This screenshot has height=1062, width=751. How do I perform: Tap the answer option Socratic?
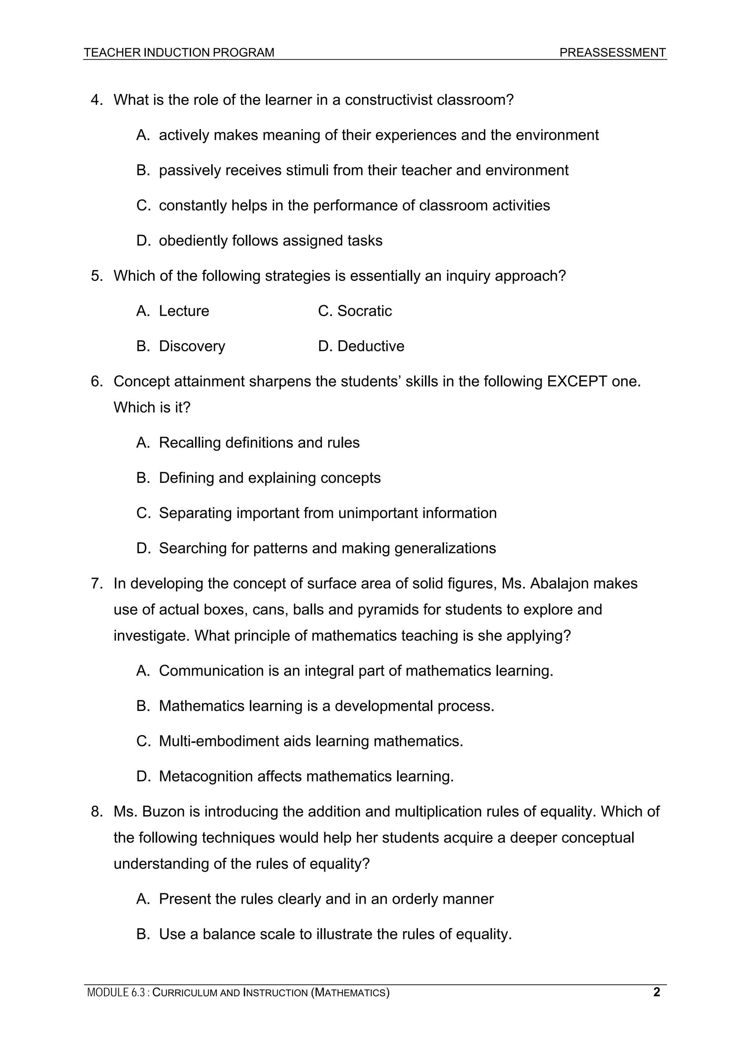(364, 311)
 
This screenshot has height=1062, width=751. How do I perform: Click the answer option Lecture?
(184, 311)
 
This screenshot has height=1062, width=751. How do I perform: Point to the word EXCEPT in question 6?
(576, 382)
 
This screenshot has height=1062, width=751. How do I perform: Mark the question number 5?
(96, 276)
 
